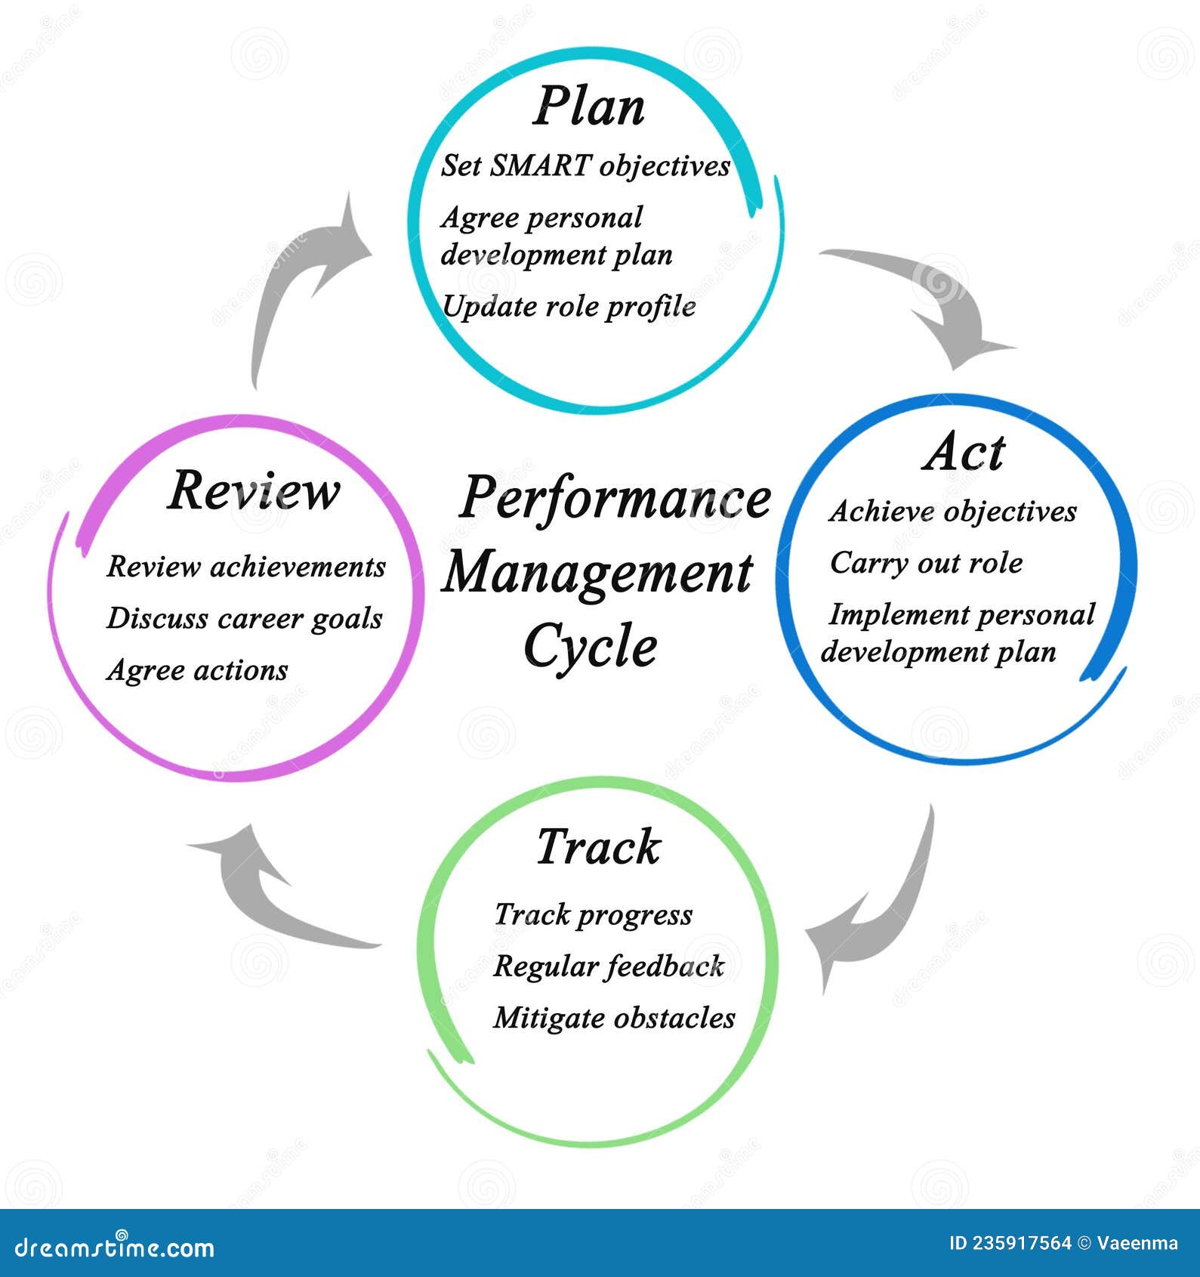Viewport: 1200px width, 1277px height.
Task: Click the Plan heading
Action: [x=589, y=107]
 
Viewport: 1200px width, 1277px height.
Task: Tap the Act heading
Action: [x=964, y=453]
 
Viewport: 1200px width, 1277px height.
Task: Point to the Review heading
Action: [x=253, y=491]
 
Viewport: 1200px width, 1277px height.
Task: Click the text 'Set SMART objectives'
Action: [x=585, y=165]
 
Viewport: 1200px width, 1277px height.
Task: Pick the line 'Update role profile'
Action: [x=569, y=306]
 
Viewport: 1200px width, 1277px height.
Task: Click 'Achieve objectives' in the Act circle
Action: [x=952, y=512]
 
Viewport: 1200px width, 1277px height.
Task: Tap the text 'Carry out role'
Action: [x=926, y=563]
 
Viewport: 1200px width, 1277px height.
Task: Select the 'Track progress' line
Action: [x=593, y=915]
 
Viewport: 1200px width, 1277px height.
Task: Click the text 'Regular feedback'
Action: [x=609, y=966]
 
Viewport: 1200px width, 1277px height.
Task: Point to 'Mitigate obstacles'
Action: [x=614, y=1018]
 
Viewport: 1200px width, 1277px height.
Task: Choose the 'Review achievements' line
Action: [x=246, y=567]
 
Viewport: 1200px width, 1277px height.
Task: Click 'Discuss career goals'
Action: [x=245, y=618]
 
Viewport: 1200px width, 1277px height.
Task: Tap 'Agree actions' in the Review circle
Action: [x=197, y=670]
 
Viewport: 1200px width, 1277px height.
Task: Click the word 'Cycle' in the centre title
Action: [x=591, y=647]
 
